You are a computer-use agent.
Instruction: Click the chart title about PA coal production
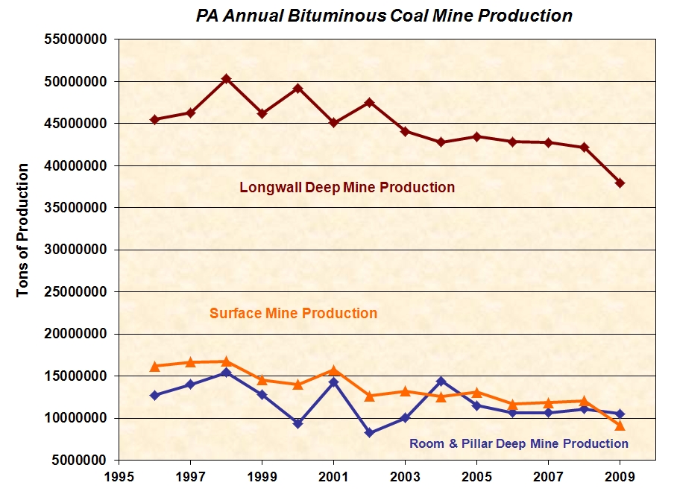click(x=384, y=16)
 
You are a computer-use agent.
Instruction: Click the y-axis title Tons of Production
click(x=24, y=230)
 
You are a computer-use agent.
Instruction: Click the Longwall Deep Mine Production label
click(x=347, y=188)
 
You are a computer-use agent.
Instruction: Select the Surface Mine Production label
click(x=293, y=313)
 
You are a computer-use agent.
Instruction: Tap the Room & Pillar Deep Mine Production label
click(x=519, y=443)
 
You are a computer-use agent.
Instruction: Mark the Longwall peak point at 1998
click(x=226, y=79)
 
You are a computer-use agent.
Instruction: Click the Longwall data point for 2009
click(x=620, y=183)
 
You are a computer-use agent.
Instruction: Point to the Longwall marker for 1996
click(x=154, y=119)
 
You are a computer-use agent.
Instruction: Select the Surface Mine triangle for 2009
click(x=620, y=426)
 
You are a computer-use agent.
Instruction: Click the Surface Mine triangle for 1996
click(x=154, y=366)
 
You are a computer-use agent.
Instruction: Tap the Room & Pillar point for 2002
click(x=369, y=432)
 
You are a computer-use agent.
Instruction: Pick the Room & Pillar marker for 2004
click(x=441, y=382)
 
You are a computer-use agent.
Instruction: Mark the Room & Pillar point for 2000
click(x=297, y=423)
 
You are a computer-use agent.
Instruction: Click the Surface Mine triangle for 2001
click(x=333, y=370)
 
